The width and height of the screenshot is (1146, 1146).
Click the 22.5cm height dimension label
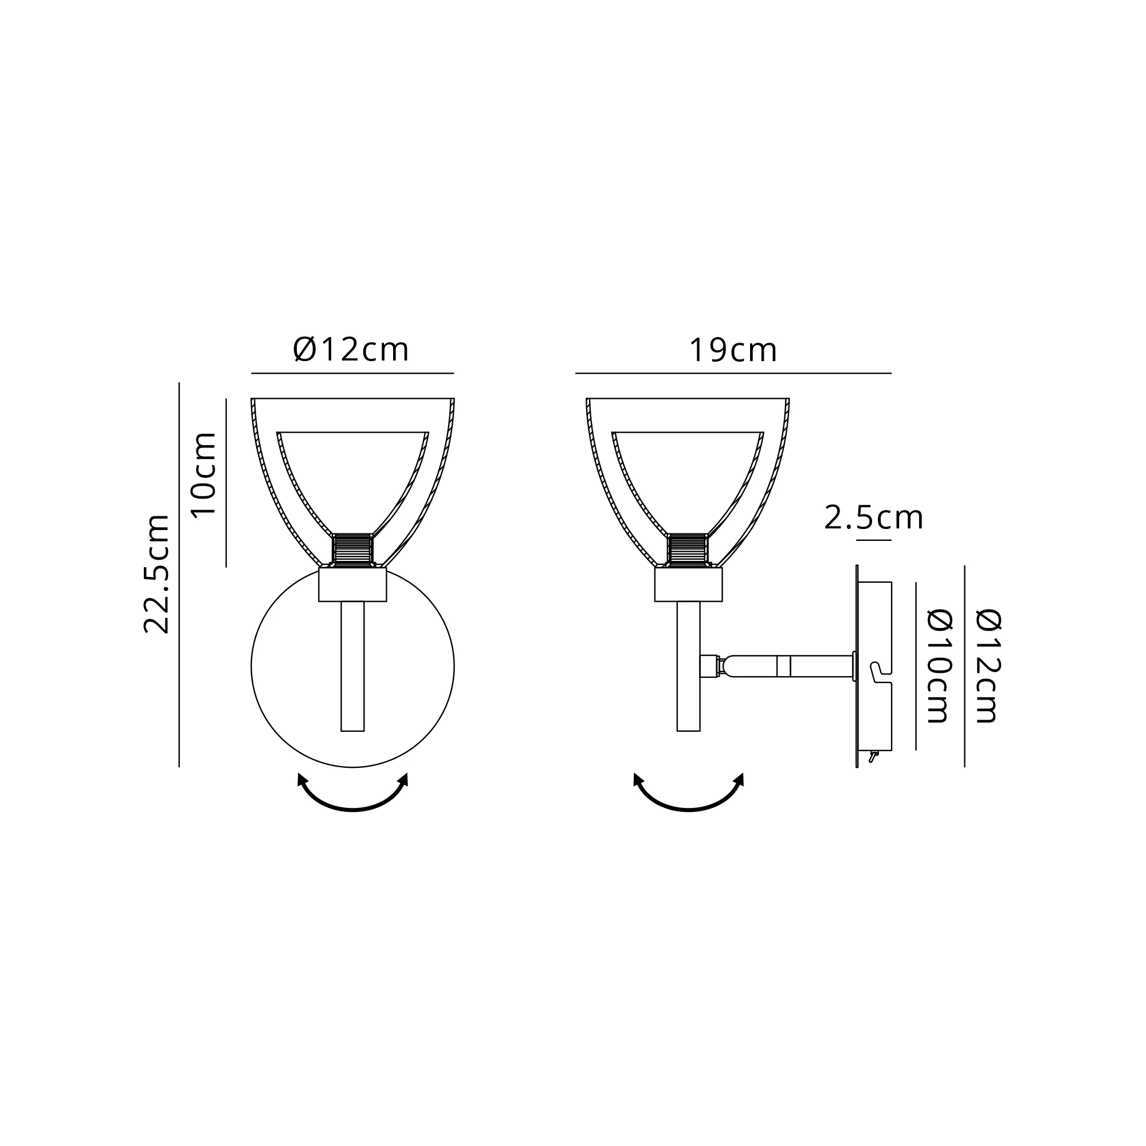(x=157, y=574)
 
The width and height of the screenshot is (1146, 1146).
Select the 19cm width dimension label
(x=732, y=351)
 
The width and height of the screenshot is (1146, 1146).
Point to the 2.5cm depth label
(x=874, y=518)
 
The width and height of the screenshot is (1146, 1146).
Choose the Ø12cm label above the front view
(x=351, y=350)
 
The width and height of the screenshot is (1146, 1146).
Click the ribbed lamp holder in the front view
(x=352, y=550)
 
